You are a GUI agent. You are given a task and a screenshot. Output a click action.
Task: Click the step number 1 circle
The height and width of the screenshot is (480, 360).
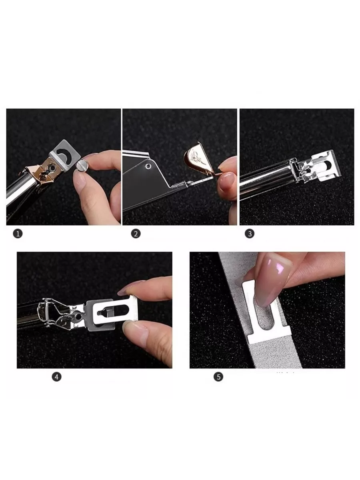(18, 234)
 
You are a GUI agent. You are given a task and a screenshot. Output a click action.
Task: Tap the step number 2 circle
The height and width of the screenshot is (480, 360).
(136, 234)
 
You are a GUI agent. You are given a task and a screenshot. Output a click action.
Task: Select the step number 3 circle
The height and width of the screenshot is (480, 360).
(249, 234)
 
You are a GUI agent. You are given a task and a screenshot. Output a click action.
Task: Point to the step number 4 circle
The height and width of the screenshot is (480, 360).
(57, 377)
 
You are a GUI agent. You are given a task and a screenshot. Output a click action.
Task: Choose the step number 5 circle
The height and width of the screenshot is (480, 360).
(218, 377)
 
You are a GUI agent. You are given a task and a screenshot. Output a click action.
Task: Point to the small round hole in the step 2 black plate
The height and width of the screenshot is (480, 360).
(148, 166)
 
